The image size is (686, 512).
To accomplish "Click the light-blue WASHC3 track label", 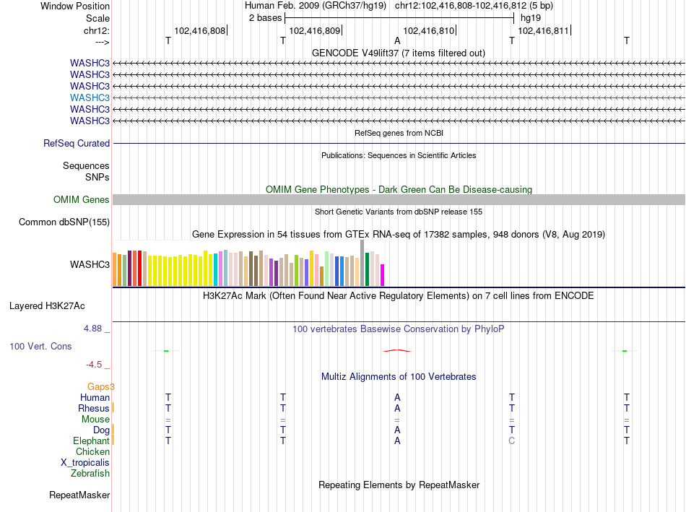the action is (90, 97).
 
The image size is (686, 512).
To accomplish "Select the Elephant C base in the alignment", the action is (511, 441).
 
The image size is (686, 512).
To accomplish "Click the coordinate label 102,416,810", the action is (429, 30).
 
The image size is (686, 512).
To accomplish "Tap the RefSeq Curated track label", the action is (77, 144).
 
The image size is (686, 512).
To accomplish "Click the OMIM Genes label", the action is (82, 199).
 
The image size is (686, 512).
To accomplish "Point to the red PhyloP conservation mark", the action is (397, 350).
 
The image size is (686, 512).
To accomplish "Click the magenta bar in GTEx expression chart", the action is (382, 275).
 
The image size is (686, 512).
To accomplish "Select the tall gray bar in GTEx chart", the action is (362, 263).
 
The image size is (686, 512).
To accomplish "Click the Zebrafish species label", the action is (90, 474).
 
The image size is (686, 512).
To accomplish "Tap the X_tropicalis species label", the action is (85, 463).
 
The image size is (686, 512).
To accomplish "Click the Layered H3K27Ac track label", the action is (47, 306).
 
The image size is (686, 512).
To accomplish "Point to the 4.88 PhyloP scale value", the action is (92, 329).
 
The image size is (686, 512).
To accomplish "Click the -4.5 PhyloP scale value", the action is (94, 365).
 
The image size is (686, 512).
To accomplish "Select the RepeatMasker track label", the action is (79, 495).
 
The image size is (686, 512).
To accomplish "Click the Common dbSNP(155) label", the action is (64, 222).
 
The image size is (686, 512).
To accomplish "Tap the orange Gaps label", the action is (98, 386).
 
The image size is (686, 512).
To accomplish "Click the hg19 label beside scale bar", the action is (531, 18).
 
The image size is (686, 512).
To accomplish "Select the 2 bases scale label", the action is (265, 18).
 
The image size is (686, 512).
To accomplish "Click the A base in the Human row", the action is (397, 397).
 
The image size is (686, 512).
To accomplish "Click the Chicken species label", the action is (92, 451).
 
